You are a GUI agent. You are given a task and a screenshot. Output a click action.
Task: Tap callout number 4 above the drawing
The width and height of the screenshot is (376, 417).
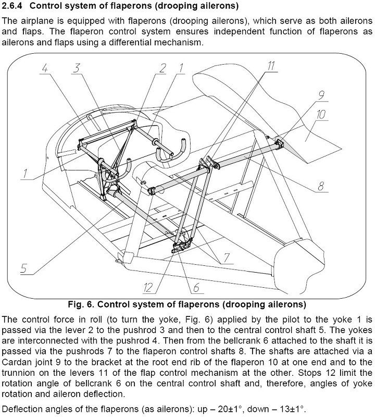click(x=46, y=68)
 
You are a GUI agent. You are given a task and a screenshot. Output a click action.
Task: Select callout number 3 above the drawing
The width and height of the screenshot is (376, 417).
click(x=77, y=68)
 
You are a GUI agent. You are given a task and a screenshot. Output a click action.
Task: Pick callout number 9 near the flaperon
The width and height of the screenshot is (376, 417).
click(x=321, y=95)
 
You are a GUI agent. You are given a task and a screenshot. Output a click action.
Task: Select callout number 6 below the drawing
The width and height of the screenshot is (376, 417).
click(x=196, y=286)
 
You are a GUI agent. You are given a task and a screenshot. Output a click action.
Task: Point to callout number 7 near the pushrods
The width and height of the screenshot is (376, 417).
click(x=227, y=256)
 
